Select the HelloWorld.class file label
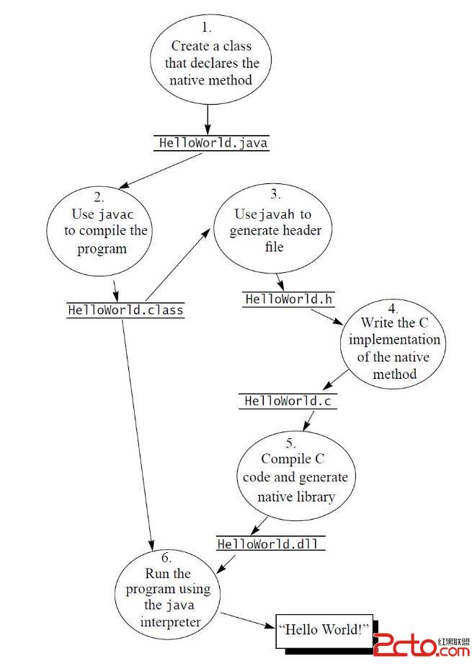coord(125,310)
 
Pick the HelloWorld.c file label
coord(288,401)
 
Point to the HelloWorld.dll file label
coord(270,543)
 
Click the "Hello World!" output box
coord(324,630)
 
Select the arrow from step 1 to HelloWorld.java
coord(208,118)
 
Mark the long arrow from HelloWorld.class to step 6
coord(137,433)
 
